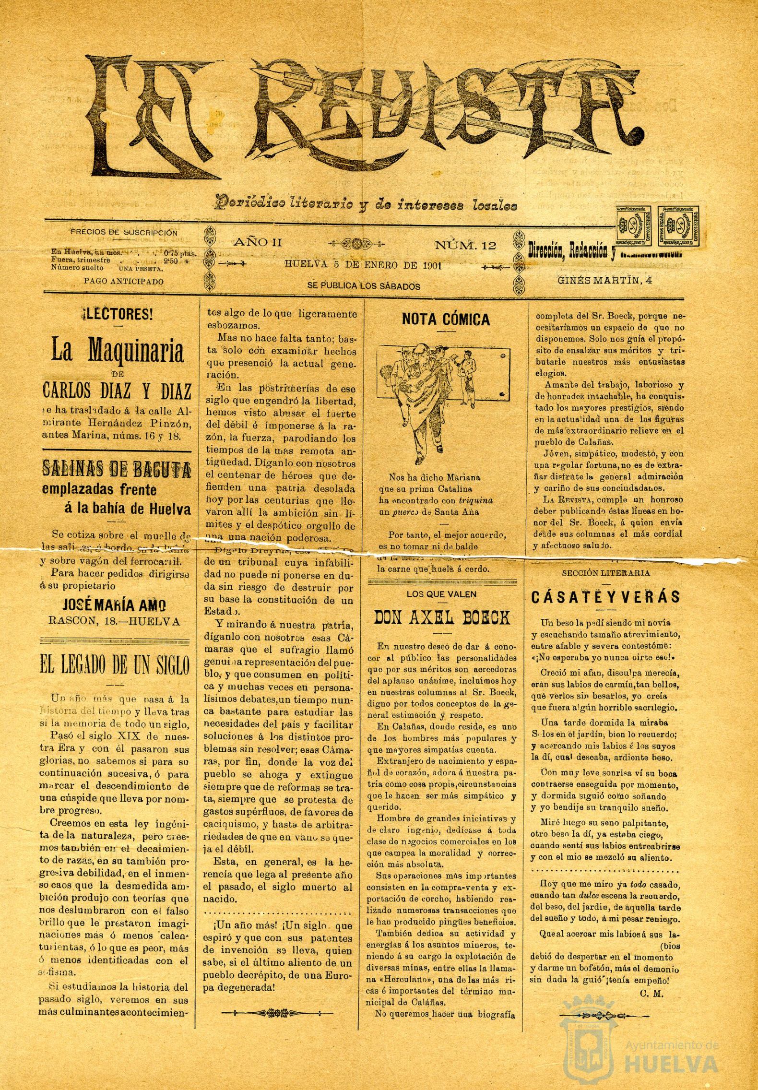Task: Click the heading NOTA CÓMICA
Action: (446, 320)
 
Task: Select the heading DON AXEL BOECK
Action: (442, 618)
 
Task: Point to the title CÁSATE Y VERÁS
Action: (605, 597)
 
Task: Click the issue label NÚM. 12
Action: (465, 246)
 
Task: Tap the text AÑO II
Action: (257, 242)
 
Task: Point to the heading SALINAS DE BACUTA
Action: (117, 469)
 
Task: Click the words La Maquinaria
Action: (117, 353)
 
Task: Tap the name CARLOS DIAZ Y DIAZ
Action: (117, 391)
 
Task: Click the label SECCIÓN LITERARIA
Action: (605, 572)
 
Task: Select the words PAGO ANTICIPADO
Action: (123, 282)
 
